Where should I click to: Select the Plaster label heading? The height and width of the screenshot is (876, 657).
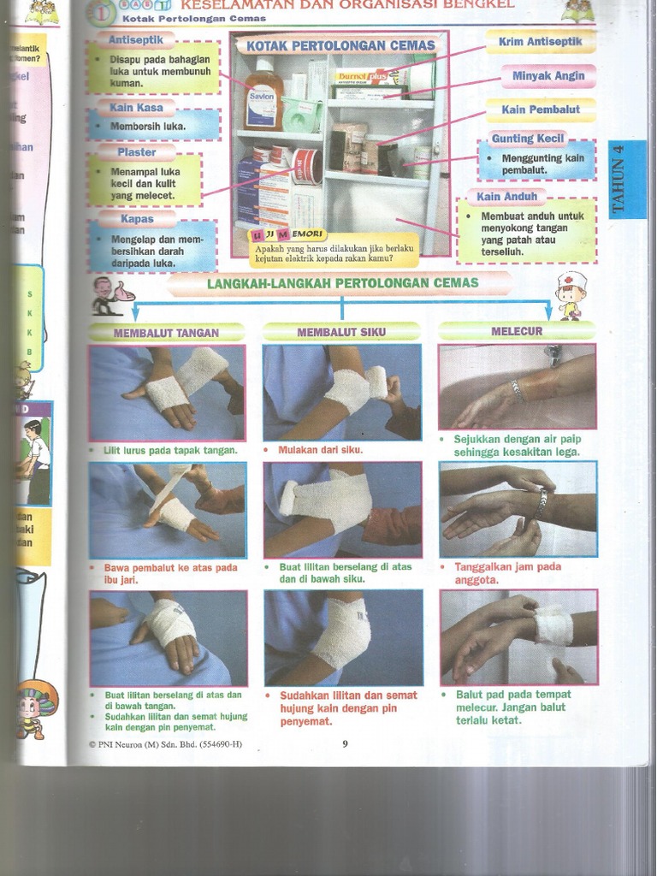coord(137,151)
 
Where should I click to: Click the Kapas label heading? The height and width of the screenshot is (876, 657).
coord(137,218)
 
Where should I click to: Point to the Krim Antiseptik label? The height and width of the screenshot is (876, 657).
coord(541,41)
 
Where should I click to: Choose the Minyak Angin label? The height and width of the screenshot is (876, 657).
coord(547,75)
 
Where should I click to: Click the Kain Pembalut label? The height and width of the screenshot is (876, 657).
coord(541,109)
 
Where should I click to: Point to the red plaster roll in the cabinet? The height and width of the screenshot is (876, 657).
coord(306,165)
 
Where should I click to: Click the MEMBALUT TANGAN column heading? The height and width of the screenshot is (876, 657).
coord(167,332)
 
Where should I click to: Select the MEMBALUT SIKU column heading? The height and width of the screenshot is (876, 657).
coord(341,331)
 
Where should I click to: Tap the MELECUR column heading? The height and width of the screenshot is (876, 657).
coord(517,330)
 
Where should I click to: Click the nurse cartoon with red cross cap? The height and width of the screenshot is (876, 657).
coord(571,295)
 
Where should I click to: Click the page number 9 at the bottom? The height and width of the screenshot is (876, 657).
coord(345,743)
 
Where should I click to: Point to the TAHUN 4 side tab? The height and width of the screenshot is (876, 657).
coord(627,178)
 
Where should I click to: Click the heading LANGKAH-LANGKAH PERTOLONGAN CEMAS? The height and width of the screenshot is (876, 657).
coord(342,282)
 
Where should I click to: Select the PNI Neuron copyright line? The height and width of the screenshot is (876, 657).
coord(165,743)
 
